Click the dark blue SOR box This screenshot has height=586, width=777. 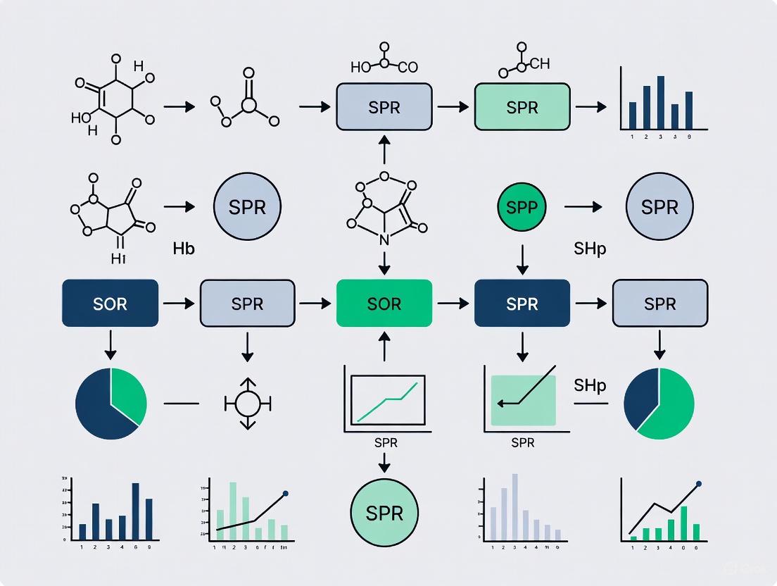pyautogui.click(x=110, y=304)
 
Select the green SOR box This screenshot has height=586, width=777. pyautogui.click(x=384, y=304)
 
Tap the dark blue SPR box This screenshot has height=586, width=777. pyautogui.click(x=522, y=304)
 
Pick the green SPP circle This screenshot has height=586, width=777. pyautogui.click(x=522, y=207)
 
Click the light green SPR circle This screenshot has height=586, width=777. pyautogui.click(x=384, y=512)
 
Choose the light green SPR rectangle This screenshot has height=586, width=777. pyautogui.click(x=522, y=107)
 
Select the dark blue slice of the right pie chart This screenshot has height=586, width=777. pyautogui.click(x=640, y=397)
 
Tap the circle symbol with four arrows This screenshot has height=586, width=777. pyautogui.click(x=247, y=404)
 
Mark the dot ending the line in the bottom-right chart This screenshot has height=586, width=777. pyautogui.click(x=699, y=484)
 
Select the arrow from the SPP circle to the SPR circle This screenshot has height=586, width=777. pyautogui.click(x=583, y=207)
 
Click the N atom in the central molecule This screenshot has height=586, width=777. pyautogui.click(x=384, y=240)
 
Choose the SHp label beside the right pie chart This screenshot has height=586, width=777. pyautogui.click(x=590, y=385)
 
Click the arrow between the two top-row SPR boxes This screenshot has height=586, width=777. pyautogui.click(x=453, y=107)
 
